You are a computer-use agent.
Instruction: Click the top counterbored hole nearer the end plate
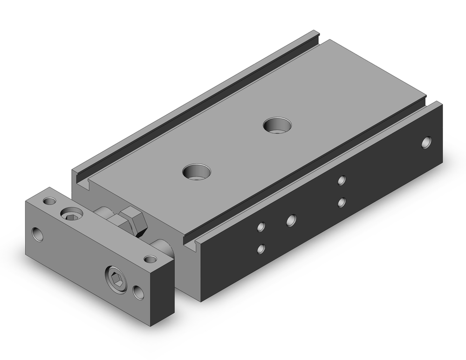196,171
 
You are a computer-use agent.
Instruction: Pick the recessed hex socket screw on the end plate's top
71,214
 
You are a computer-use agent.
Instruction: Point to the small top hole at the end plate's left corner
49,201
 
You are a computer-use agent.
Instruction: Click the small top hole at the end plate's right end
150,259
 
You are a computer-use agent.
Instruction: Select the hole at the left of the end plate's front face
37,234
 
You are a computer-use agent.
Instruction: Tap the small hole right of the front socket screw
138,293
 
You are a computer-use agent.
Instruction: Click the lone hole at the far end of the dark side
426,142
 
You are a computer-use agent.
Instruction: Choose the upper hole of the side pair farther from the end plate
342,180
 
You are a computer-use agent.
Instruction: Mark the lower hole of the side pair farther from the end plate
342,202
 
